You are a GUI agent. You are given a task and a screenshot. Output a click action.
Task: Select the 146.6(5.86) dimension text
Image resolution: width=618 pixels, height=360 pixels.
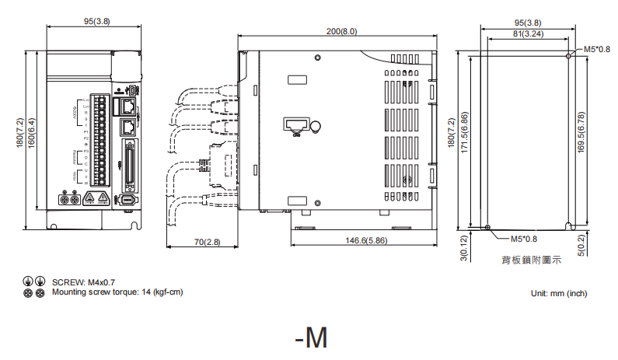[366, 241]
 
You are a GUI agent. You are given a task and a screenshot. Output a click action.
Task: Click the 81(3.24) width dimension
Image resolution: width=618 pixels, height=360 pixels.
[528, 33]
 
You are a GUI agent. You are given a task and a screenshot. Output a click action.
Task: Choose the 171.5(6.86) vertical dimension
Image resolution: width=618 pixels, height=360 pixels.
[464, 133]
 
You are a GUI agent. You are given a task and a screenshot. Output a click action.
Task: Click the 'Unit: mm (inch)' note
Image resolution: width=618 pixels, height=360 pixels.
[558, 293]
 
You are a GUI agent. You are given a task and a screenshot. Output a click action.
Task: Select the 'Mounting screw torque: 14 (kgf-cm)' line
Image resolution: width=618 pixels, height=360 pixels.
[117, 292]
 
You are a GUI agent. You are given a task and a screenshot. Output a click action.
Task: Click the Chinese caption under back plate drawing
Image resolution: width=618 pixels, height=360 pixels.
[531, 260]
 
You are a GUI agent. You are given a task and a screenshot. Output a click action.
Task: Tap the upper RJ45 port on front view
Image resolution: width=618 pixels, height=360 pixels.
[127, 104]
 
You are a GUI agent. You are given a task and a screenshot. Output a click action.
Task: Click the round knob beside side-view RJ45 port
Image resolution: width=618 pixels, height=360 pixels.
[315, 128]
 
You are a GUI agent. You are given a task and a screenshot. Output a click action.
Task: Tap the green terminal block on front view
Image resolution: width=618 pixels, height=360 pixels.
[100, 140]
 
